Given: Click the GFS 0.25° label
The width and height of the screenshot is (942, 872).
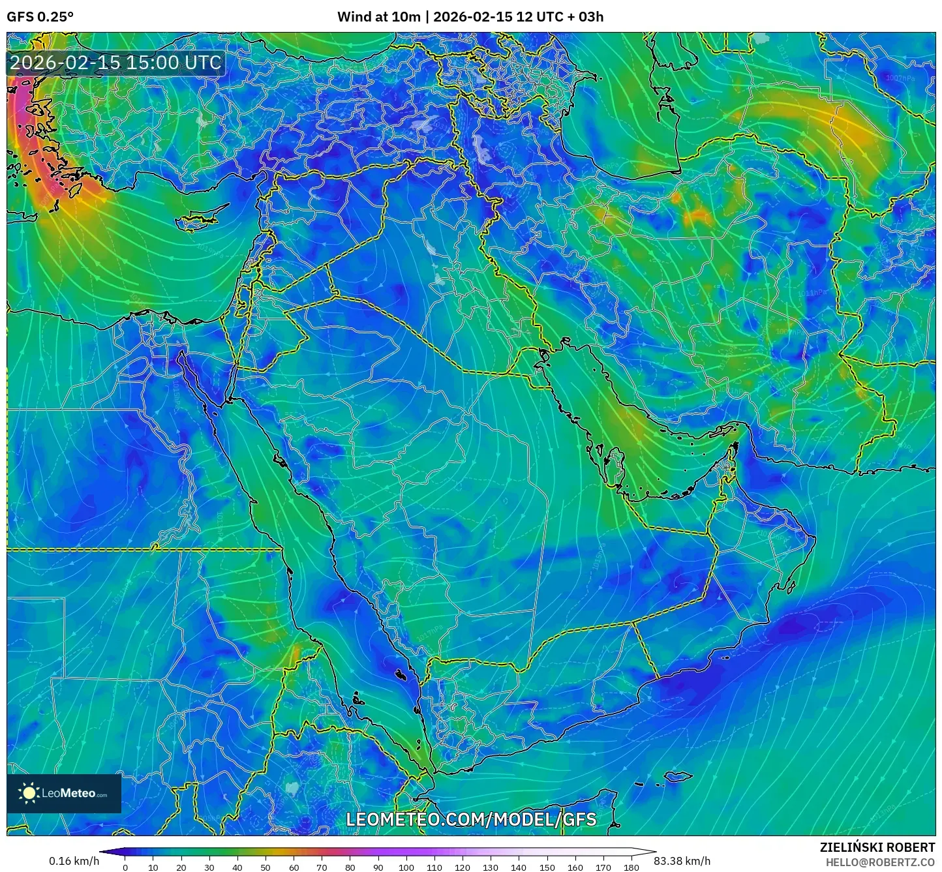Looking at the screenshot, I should [40, 17].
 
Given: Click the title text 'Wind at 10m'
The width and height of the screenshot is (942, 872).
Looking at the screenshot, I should [378, 17].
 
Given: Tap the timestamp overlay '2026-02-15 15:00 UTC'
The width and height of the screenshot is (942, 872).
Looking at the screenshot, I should [115, 63].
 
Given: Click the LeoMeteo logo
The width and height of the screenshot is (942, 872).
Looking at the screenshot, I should [64, 793].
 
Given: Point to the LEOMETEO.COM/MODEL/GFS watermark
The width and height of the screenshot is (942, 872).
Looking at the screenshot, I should [471, 819].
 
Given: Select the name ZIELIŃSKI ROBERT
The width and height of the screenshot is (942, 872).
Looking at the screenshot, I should [877, 847].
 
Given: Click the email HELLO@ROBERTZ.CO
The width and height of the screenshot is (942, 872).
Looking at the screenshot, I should [880, 862].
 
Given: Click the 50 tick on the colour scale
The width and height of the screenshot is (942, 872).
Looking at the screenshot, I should [266, 867].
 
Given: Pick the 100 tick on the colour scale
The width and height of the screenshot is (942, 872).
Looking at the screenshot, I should [406, 867].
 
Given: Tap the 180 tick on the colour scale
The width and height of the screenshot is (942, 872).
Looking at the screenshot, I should [631, 867].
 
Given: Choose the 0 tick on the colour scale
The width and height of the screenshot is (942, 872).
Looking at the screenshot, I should [125, 867].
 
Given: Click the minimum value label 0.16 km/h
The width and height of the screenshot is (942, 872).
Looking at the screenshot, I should [74, 861].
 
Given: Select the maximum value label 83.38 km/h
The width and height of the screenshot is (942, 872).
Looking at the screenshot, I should [682, 861].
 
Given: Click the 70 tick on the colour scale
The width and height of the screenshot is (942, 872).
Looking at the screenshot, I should [322, 867].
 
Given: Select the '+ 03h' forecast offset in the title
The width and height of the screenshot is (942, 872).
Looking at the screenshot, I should [586, 17].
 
